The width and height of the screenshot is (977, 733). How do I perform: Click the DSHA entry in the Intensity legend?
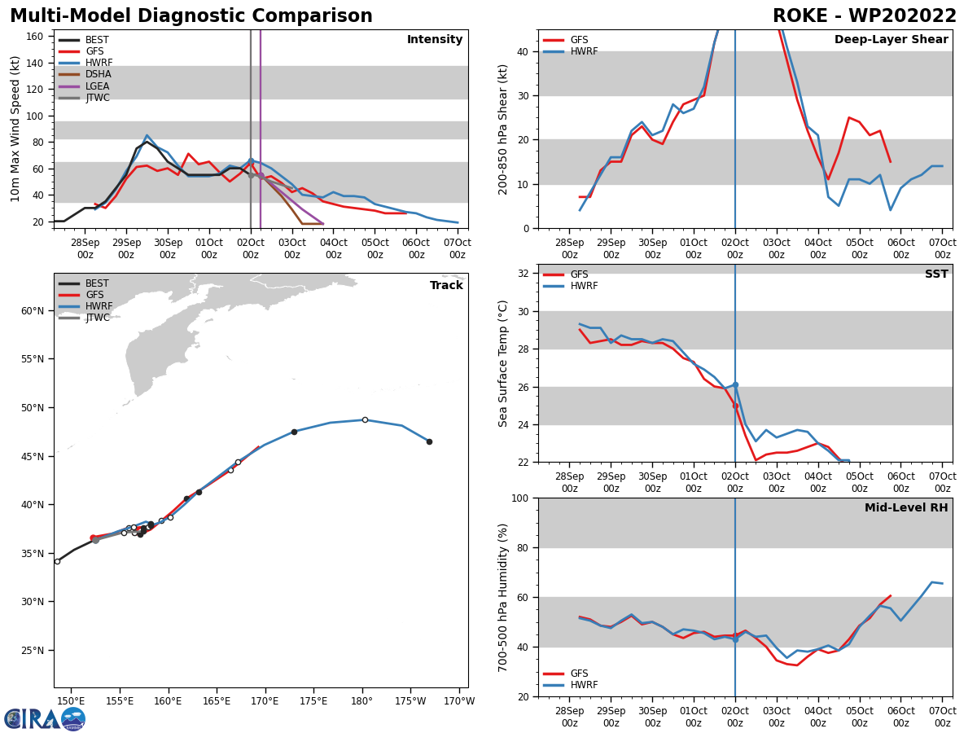[98, 74]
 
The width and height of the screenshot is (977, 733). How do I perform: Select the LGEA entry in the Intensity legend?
[98, 86]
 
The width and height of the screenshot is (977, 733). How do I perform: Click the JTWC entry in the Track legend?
[98, 318]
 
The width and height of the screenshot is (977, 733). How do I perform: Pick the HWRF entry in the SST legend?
[584, 286]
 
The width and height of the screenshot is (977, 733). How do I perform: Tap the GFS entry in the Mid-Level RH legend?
[578, 674]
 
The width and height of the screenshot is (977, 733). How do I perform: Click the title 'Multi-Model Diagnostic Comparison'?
[191, 16]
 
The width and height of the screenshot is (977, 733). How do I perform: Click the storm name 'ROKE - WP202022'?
[865, 16]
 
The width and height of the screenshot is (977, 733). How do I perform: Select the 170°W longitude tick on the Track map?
[459, 701]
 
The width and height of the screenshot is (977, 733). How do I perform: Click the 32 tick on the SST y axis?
[525, 274]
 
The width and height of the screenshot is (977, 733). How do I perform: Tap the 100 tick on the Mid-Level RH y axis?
[522, 498]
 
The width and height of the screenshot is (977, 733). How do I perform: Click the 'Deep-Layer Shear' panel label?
[891, 40]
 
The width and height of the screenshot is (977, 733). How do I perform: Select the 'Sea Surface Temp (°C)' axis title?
[503, 363]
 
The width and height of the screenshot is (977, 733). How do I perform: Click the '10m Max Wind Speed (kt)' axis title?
[15, 129]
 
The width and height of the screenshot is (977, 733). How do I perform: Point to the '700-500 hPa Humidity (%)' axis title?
[503, 597]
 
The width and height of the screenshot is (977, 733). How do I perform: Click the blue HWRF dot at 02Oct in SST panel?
[735, 384]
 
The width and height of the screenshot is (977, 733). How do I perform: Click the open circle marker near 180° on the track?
[365, 419]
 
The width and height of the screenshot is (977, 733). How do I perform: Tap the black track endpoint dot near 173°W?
[429, 441]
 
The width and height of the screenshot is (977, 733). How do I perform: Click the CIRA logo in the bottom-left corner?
[45, 718]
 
